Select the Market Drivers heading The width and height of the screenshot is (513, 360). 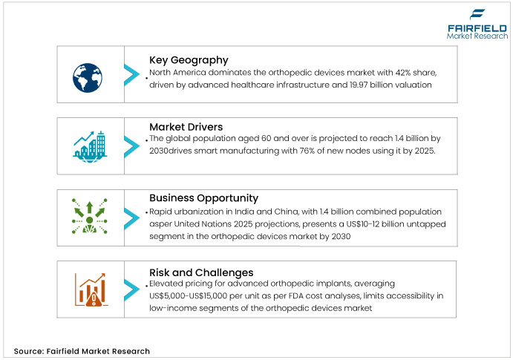186,128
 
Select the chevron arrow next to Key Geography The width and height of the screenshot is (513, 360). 131,73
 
